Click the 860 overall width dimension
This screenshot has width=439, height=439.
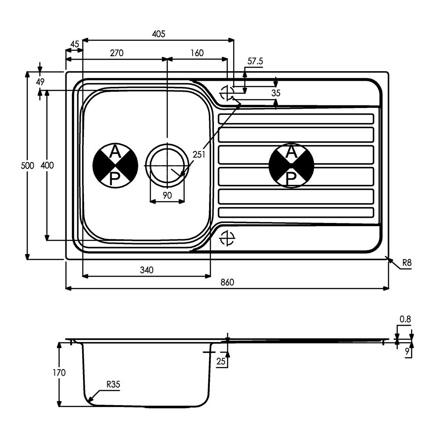coord(227,282)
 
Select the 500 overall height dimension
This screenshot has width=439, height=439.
coord(27,166)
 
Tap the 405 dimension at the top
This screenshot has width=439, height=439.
coord(158,34)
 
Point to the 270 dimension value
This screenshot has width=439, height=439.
coord(116,53)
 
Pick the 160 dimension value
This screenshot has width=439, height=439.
coord(197,53)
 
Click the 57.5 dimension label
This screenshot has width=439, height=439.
coord(255,61)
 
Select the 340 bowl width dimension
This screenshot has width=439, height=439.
coord(147,270)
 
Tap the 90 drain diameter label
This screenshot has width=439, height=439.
coord(167,195)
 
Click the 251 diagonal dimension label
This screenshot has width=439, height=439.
coord(199,154)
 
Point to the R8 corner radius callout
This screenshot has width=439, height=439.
coord(407,263)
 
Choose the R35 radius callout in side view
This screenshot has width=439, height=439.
coord(113,385)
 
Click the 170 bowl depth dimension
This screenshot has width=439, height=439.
coord(59,373)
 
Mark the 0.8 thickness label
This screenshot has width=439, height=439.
coord(405,319)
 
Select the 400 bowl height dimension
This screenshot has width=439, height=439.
coord(47,166)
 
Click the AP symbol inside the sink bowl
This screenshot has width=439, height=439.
coord(115,166)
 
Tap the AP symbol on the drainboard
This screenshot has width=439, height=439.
coord(291,166)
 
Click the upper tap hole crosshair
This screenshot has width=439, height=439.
coord(227,93)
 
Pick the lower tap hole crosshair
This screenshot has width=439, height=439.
coord(227,238)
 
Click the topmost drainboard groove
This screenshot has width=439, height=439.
coord(296,119)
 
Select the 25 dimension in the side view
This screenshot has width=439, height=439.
coord(221,361)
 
